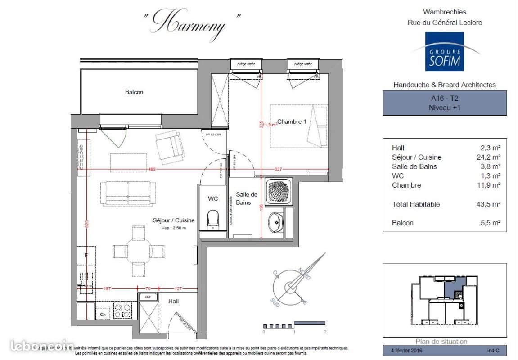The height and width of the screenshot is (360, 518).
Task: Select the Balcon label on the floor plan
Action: (x=134, y=92)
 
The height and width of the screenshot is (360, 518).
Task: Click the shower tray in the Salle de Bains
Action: (x=280, y=191)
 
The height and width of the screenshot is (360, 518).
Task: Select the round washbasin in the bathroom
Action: (x=275, y=221)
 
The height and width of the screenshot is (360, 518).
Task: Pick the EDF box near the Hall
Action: (x=147, y=297)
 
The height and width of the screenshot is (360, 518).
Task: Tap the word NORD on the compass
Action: (x=304, y=274)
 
